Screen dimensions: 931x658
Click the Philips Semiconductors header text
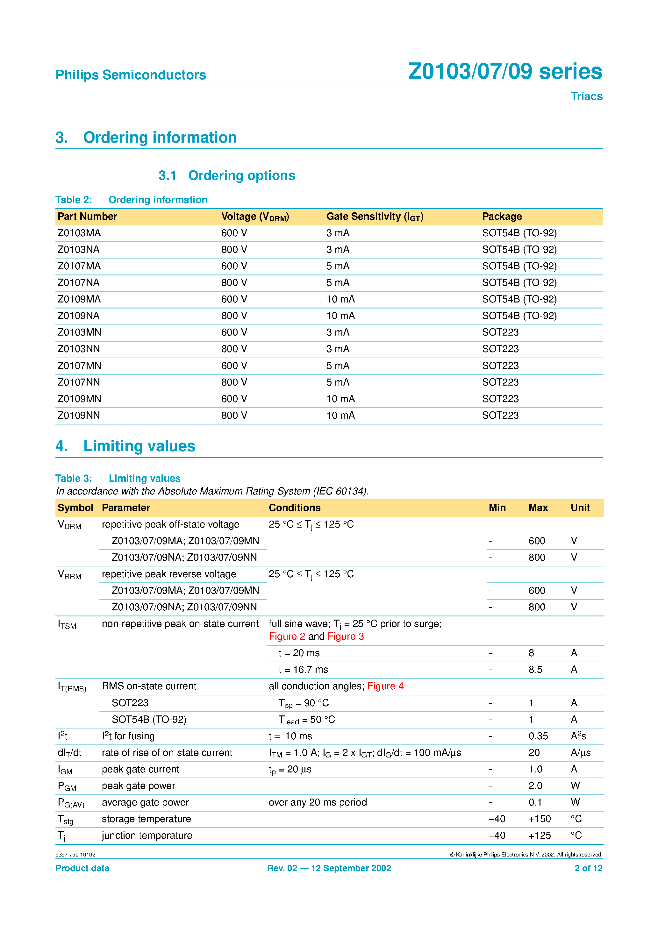coord(131,75)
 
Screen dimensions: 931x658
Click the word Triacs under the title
coord(586,96)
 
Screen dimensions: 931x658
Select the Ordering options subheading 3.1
coord(227,175)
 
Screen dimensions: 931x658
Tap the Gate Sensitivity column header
coord(375,217)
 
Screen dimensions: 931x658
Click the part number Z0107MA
coord(79,266)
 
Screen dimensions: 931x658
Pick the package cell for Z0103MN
coord(500,332)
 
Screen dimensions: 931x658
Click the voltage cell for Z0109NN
coord(234,415)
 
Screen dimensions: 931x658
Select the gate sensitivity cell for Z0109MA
coord(340,299)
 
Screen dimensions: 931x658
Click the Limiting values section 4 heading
coord(125,446)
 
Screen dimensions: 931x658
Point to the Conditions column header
coord(295,508)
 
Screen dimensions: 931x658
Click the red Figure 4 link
coord(385,686)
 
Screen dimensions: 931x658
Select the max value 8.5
coord(535,670)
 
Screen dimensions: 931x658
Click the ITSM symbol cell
coord(67,624)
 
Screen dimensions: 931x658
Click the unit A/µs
coord(581,753)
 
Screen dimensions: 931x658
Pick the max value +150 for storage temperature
coord(540,819)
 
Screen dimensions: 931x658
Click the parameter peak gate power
coord(138,786)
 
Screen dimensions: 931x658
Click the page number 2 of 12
coord(588,868)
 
